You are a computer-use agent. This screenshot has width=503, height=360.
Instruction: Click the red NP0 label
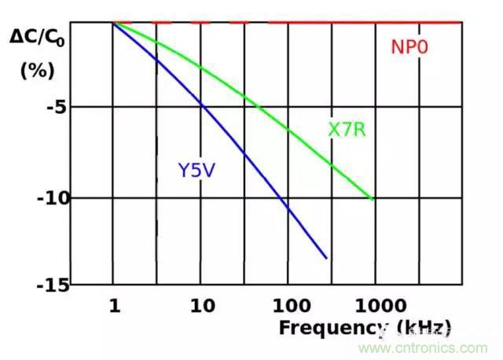pyautogui.click(x=409, y=46)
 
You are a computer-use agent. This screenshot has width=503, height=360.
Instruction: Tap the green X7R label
pyautogui.click(x=347, y=129)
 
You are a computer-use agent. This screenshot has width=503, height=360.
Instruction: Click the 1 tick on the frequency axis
pyautogui.click(x=114, y=304)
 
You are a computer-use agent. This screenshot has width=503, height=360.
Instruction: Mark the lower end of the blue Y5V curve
pyautogui.click(x=326, y=258)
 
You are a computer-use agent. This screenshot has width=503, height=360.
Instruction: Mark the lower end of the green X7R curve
pyautogui.click(x=373, y=200)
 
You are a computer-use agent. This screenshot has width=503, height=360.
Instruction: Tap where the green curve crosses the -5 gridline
pyautogui.click(x=260, y=107)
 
